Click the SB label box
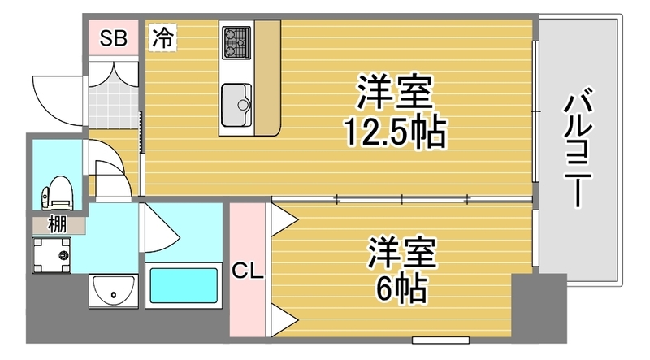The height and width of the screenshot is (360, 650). coord(113,39)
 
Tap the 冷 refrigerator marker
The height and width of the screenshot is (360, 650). coord(162,37)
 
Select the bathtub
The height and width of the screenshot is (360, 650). coord(184,285)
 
